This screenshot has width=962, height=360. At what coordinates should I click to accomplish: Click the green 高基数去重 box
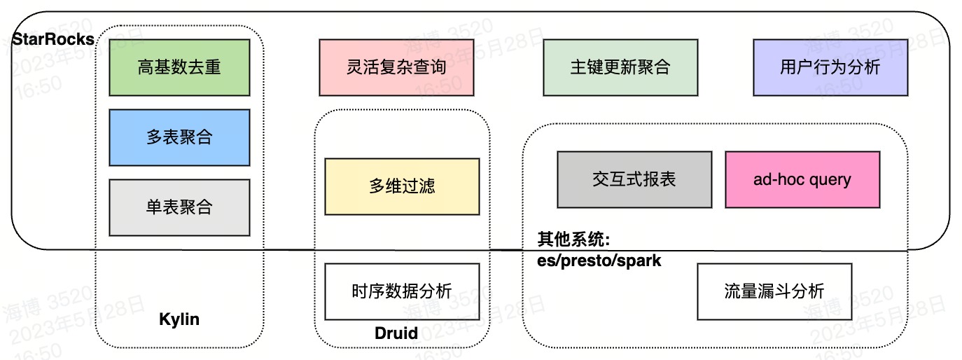click(x=179, y=67)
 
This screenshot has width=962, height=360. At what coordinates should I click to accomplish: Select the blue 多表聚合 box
click(x=179, y=137)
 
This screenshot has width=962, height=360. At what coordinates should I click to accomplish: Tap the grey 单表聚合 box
click(x=179, y=207)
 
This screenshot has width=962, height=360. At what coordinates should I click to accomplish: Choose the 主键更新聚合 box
click(x=620, y=67)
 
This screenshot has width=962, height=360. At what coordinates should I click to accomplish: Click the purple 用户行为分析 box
click(x=830, y=67)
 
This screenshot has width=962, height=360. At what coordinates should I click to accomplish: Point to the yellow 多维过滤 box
click(x=402, y=186)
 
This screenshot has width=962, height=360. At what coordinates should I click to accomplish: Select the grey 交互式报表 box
click(x=634, y=179)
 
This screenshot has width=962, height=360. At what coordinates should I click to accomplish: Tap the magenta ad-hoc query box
click(x=802, y=179)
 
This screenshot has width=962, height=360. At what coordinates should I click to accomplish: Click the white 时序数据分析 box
click(x=402, y=291)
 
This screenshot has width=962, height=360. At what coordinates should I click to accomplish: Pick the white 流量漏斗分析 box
click(x=774, y=291)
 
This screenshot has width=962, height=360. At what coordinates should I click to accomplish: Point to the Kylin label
click(x=179, y=320)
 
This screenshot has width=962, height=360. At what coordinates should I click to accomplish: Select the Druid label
click(x=396, y=333)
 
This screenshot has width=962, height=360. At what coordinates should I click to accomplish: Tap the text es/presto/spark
click(x=599, y=261)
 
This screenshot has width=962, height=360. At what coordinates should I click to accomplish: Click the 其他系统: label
click(x=573, y=240)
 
